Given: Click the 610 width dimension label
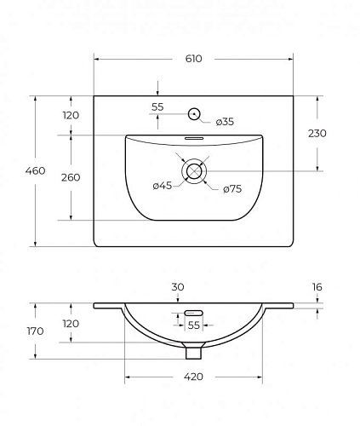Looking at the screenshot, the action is pos(194,59).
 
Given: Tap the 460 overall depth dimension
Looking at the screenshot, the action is pos(35,170).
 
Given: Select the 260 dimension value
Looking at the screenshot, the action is pos(71,177).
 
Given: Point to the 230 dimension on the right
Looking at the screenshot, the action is pos(317,133).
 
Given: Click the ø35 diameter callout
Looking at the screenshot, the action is pos(225,122).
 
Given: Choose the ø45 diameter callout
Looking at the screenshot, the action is pos(163,186).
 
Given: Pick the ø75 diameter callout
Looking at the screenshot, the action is pos(232,189).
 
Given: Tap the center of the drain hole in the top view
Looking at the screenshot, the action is pos(194,171).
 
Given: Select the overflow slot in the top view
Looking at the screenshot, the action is pos(194,138).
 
